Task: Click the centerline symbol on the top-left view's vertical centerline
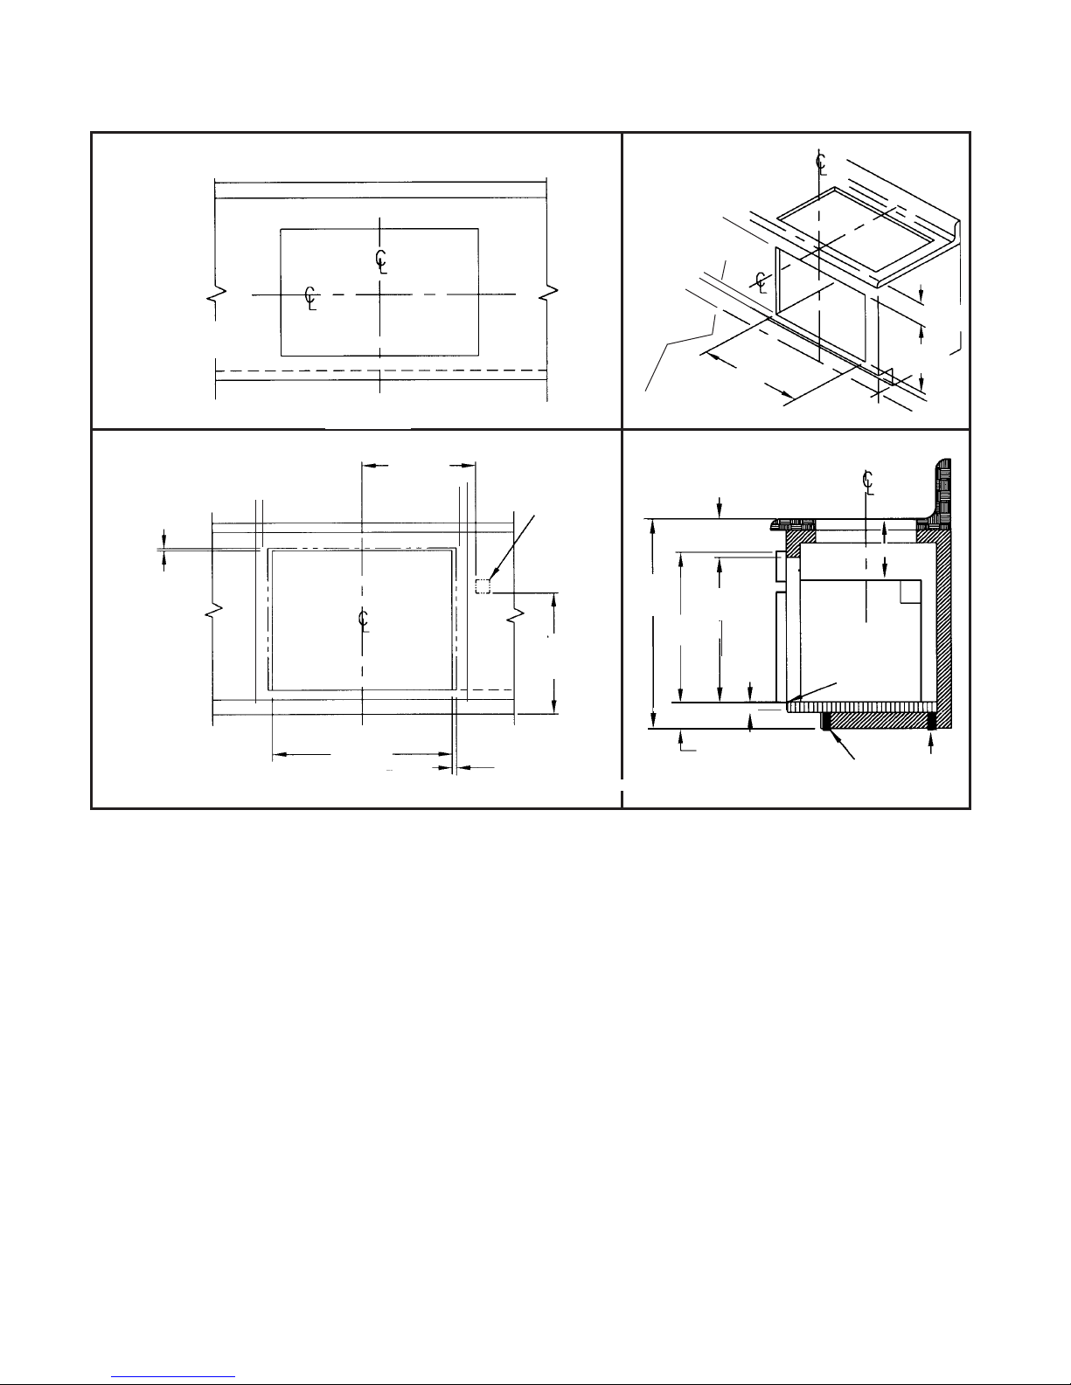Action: [381, 261]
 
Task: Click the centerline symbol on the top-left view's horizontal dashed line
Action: [310, 298]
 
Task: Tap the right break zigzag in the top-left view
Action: [548, 294]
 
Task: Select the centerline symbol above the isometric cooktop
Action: [821, 163]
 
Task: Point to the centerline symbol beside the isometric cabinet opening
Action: [760, 281]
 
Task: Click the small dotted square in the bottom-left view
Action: [483, 586]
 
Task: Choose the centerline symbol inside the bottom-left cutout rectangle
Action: [364, 620]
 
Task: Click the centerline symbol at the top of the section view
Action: [867, 481]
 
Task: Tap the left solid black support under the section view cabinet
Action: [826, 722]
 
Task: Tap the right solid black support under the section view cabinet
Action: [931, 722]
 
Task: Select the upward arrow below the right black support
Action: [931, 743]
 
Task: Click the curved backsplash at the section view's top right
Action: [940, 492]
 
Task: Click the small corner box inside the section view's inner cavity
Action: [910, 592]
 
